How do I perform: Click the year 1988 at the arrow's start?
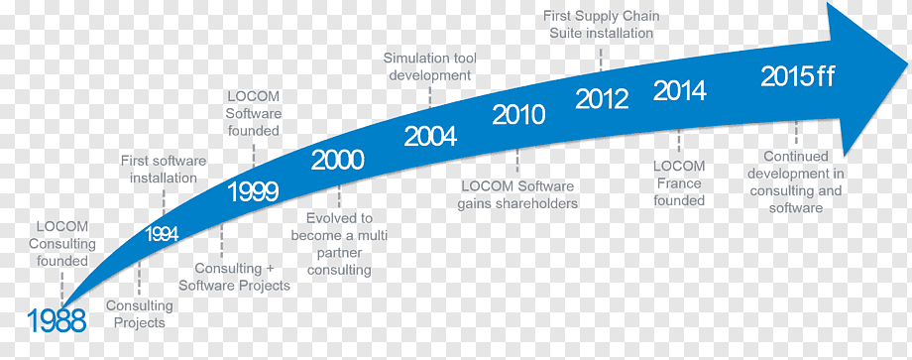pyautogui.click(x=57, y=321)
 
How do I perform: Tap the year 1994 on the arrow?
pyautogui.click(x=162, y=234)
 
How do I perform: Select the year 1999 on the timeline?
pyautogui.click(x=253, y=192)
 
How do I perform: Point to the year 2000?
pyautogui.click(x=337, y=160)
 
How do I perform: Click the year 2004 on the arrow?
pyautogui.click(x=430, y=137)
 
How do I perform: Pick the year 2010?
pyautogui.click(x=518, y=115)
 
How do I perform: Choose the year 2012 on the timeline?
pyautogui.click(x=602, y=99)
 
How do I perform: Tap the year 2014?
pyautogui.click(x=680, y=90)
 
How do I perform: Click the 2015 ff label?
pyautogui.click(x=798, y=76)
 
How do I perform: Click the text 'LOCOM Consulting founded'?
pyautogui.click(x=62, y=244)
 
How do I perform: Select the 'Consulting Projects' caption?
pyautogui.click(x=140, y=313)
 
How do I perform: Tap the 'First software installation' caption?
pyautogui.click(x=164, y=169)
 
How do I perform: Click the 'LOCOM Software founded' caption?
pyautogui.click(x=254, y=113)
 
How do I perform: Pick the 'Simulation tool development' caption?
pyautogui.click(x=430, y=66)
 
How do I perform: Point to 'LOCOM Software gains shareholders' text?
pyautogui.click(x=517, y=194)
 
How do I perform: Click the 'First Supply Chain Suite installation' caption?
pyautogui.click(x=602, y=25)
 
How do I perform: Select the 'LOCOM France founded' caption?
pyautogui.click(x=679, y=183)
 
